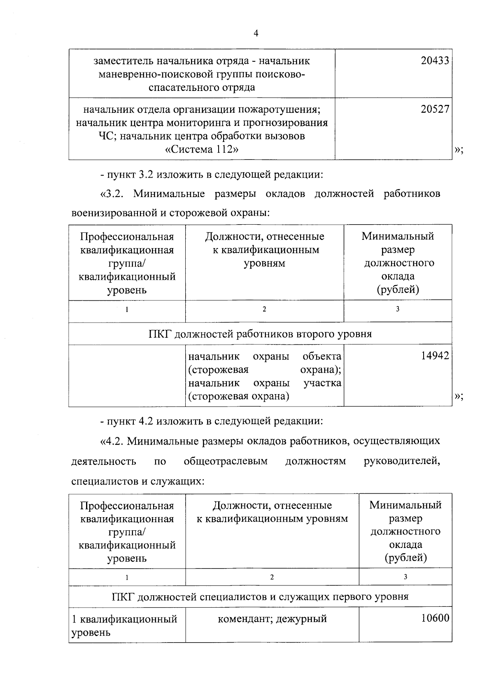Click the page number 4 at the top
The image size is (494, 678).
(256, 34)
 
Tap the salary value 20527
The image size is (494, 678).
(435, 109)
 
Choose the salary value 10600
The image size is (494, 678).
(435, 618)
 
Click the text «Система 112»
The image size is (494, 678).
(202, 149)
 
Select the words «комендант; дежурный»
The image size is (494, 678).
(272, 618)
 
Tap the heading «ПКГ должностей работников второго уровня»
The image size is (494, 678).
(260, 334)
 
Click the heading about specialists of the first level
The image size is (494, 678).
(260, 596)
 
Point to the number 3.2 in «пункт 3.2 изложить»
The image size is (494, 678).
(146, 174)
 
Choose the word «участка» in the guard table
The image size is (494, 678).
(322, 383)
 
